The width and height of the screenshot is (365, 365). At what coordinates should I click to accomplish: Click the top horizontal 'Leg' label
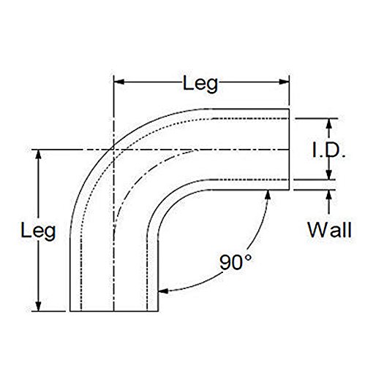click(x=200, y=84)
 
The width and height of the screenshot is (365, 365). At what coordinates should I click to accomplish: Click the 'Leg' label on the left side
click(x=38, y=231)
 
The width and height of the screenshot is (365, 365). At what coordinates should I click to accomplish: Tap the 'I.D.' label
click(x=328, y=150)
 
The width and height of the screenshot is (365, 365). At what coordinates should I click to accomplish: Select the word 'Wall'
click(x=329, y=230)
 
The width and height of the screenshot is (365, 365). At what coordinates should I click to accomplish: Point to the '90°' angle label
click(x=236, y=262)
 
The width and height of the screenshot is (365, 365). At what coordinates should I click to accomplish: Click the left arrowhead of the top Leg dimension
click(x=119, y=82)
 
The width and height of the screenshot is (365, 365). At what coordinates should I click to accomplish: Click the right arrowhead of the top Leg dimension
click(x=284, y=82)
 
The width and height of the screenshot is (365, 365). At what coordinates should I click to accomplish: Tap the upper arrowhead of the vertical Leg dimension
click(x=38, y=155)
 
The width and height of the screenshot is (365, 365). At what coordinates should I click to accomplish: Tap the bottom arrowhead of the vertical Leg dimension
click(x=38, y=306)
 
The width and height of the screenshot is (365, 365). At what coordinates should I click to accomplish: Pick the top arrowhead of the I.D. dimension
click(x=329, y=123)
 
